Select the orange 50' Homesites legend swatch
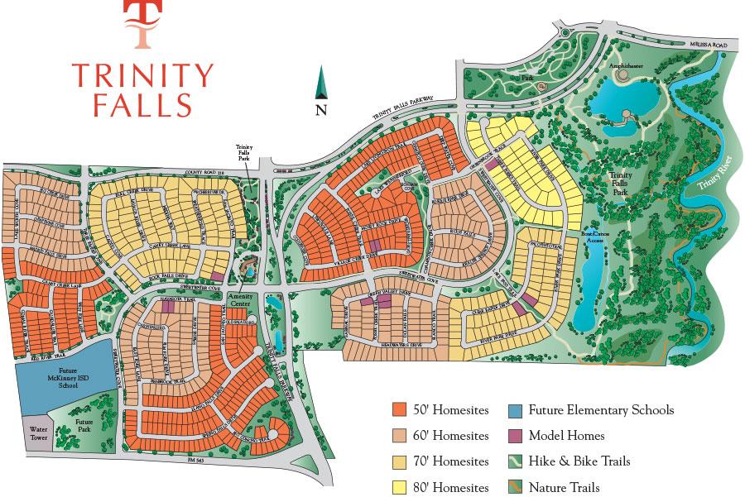coord(399,409)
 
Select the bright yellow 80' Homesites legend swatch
coord(399,488)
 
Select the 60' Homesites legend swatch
coord(399,436)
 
